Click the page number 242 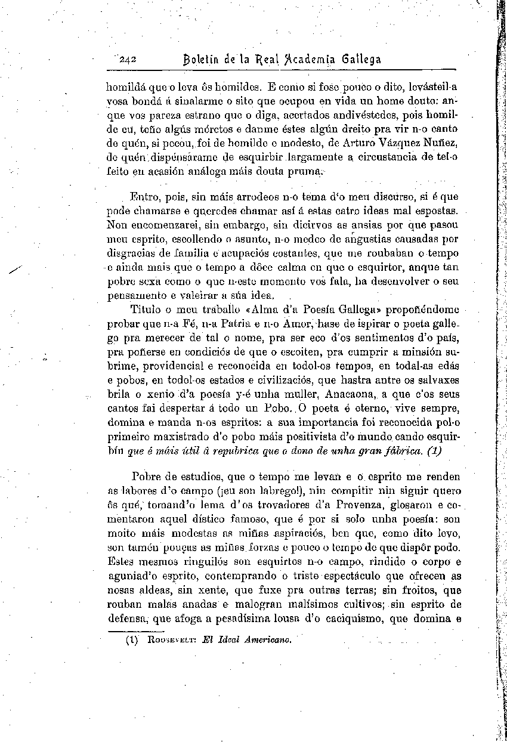[129, 60]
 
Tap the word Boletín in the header [203, 60]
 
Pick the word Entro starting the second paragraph [144, 196]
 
